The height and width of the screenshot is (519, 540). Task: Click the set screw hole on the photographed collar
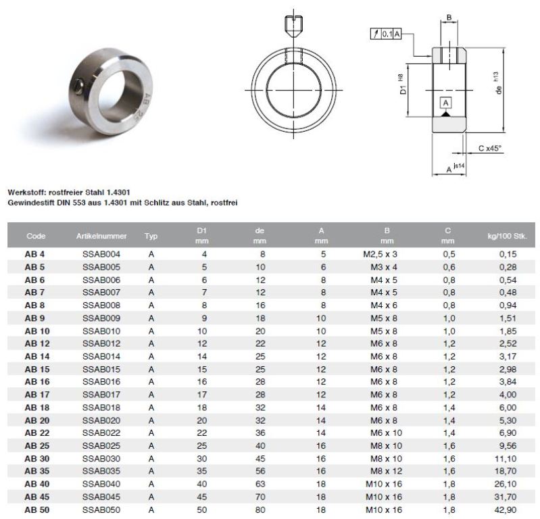[78, 86]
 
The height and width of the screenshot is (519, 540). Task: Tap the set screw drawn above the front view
[294, 27]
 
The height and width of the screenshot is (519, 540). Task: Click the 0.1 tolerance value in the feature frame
[387, 34]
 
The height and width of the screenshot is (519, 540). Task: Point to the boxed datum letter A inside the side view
[445, 103]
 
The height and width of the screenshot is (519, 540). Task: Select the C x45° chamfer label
[490, 148]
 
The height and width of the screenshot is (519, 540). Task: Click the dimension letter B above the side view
[449, 18]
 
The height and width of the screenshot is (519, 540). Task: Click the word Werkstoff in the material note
[26, 192]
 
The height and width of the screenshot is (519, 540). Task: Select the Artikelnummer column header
[101, 236]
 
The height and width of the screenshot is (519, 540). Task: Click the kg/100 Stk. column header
[507, 236]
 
